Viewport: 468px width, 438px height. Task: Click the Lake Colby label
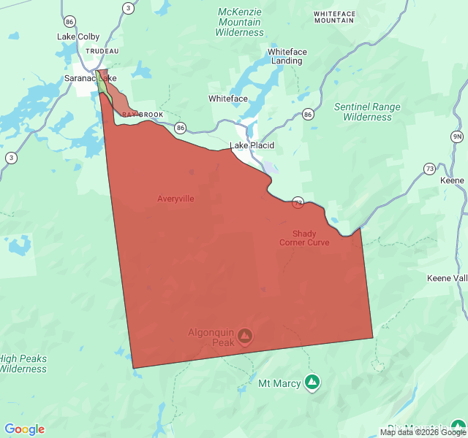pyautogui.click(x=78, y=36)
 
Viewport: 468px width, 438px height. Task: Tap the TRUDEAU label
pyautogui.click(x=102, y=51)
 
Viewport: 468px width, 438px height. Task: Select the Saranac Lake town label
pyautogui.click(x=90, y=77)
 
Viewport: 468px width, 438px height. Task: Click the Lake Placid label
pyautogui.click(x=252, y=145)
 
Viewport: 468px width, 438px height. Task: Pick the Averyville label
pyautogui.click(x=175, y=198)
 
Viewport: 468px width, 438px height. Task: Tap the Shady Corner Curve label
pyautogui.click(x=304, y=238)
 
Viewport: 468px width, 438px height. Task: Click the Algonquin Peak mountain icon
pyautogui.click(x=246, y=336)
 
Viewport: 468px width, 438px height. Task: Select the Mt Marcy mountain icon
pyautogui.click(x=312, y=382)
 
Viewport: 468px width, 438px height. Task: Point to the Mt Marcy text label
pyautogui.click(x=279, y=383)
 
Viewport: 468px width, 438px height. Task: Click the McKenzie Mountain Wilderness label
pyautogui.click(x=240, y=22)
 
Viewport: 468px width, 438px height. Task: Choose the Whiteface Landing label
pyautogui.click(x=287, y=56)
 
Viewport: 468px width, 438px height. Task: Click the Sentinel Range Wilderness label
pyautogui.click(x=367, y=112)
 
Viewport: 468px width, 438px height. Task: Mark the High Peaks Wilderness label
pyautogui.click(x=23, y=363)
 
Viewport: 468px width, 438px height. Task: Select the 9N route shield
pyautogui.click(x=457, y=137)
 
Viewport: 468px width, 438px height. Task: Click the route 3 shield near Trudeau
pyautogui.click(x=129, y=8)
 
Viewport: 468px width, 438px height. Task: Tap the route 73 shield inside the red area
pyautogui.click(x=298, y=202)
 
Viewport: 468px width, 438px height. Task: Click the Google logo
pyautogui.click(x=25, y=429)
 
